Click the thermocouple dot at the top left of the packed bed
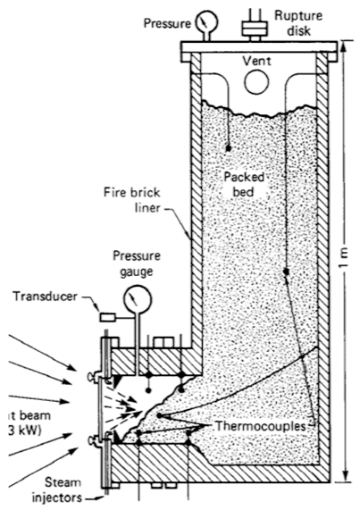click(229, 147)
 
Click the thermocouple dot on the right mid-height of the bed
click(286, 271)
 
